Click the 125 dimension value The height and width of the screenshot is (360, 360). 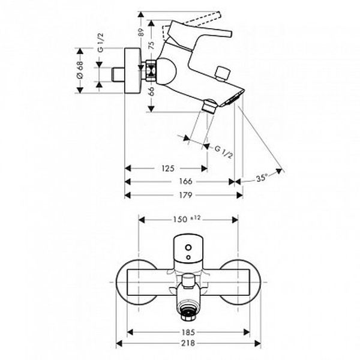(168, 169)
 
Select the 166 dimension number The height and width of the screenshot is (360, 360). (185, 182)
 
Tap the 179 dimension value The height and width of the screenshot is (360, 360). (185, 195)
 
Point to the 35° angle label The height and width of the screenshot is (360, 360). (262, 178)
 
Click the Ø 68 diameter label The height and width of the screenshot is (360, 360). (80, 70)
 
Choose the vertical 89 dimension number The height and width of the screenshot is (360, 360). (141, 32)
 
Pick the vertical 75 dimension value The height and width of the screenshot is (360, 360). (151, 45)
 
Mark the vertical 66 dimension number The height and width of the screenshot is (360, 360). (151, 91)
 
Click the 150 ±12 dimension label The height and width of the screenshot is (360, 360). (187, 219)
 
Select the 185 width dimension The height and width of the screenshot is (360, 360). (188, 332)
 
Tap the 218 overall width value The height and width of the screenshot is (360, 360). (188, 343)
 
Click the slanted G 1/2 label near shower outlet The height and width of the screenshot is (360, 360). (223, 152)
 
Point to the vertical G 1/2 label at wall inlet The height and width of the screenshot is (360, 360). (101, 43)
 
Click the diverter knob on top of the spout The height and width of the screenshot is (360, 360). (222, 73)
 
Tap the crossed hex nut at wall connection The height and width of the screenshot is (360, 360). (151, 70)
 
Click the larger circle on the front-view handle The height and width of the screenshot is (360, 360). (188, 248)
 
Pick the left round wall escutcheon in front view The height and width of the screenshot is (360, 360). (122, 283)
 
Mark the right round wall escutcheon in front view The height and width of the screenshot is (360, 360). (255, 283)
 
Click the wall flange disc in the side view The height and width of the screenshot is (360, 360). (133, 71)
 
